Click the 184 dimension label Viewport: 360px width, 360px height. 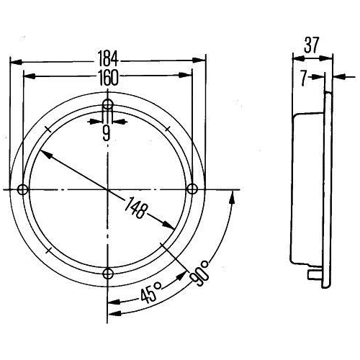(x=108, y=59)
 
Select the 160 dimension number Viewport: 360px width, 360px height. (x=108, y=77)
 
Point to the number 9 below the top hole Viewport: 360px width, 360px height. (x=106, y=133)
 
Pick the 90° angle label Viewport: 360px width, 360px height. (x=199, y=274)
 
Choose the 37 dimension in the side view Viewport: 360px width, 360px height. (x=312, y=45)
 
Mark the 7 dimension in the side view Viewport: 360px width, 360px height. (x=304, y=78)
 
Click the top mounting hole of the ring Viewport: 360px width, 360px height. (x=108, y=104)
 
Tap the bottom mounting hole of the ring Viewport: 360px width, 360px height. (x=108, y=273)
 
